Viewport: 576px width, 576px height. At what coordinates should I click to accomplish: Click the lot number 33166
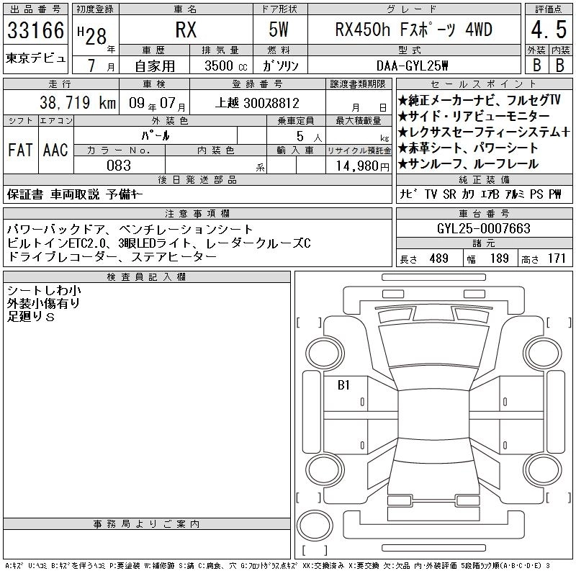[35, 30]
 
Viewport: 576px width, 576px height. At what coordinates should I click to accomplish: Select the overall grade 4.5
[549, 30]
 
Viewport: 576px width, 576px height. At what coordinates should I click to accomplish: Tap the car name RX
[186, 30]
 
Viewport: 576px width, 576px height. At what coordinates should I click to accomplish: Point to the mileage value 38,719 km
[78, 102]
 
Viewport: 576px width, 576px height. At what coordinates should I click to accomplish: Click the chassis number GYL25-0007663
[484, 228]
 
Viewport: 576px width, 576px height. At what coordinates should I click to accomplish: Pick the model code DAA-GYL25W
[412, 66]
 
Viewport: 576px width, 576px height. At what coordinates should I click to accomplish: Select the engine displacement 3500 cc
[226, 66]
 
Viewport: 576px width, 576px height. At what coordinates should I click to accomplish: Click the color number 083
[119, 166]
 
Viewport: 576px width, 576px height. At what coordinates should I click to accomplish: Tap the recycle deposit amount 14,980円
[363, 166]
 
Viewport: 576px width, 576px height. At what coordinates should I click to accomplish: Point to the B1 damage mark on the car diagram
[343, 384]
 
